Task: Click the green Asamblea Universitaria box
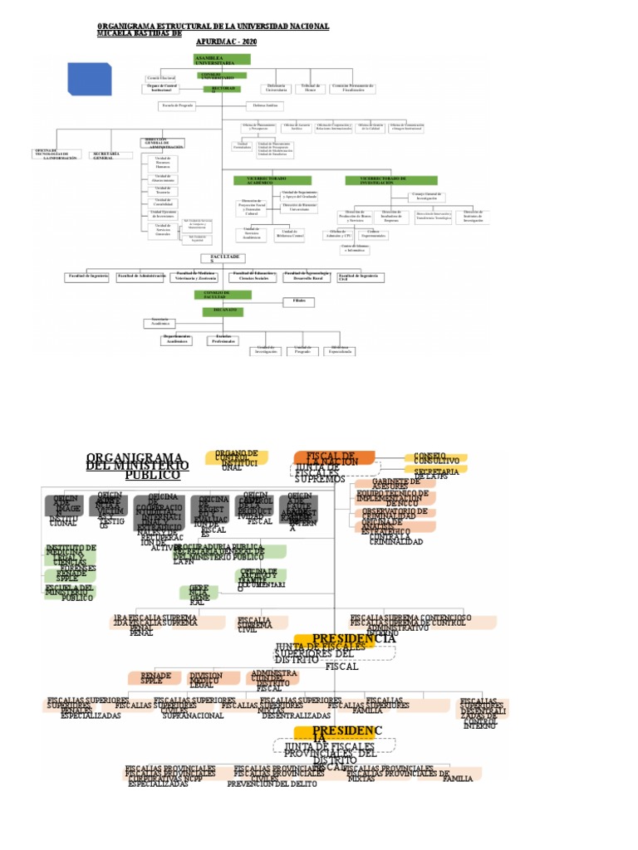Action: click(222, 59)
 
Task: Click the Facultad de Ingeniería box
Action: click(87, 276)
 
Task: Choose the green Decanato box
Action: click(222, 311)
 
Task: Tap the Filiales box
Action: click(299, 301)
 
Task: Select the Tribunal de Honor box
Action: click(308, 87)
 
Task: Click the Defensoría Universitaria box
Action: click(276, 87)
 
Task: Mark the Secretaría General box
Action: click(109, 155)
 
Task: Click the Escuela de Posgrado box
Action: click(178, 105)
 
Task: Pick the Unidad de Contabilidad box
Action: click(163, 202)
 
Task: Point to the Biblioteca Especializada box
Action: click(341, 349)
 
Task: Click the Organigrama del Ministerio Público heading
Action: click(138, 466)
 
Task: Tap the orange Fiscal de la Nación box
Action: click(333, 457)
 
